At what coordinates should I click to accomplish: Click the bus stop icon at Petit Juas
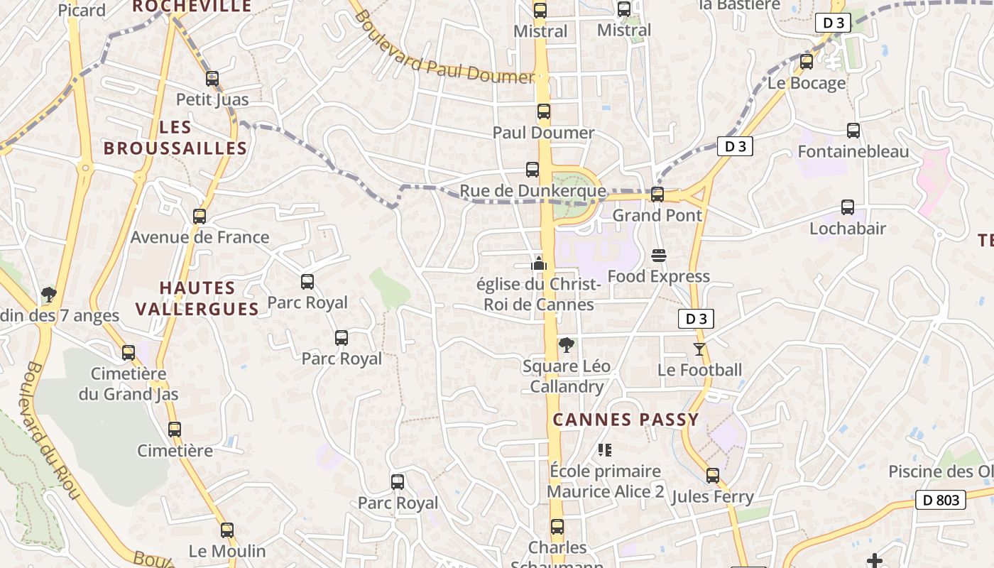pos(212,79)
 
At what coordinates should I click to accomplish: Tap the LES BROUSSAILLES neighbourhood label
pos(175,138)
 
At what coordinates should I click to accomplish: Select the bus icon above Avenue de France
pos(200,217)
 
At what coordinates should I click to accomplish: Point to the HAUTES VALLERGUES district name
pos(197,298)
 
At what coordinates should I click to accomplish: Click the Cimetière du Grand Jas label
pos(129,383)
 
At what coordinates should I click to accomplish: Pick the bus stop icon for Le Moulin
pos(227,530)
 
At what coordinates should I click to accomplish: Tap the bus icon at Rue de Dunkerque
pos(532,170)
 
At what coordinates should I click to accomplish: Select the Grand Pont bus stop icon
pos(657,195)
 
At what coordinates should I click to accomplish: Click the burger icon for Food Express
pos(659,256)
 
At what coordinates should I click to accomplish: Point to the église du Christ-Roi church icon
pos(539,263)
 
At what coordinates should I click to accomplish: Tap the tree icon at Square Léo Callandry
pos(566,346)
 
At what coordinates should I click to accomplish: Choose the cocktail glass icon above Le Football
pos(699,349)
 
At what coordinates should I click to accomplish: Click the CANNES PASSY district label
pos(626,420)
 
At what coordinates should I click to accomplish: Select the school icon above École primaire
pos(605,449)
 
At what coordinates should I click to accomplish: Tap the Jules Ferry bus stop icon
pos(713,476)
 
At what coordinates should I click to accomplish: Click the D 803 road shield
pos(941,500)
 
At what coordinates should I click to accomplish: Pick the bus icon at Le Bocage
pos(807,62)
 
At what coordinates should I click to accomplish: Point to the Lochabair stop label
pos(848,229)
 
